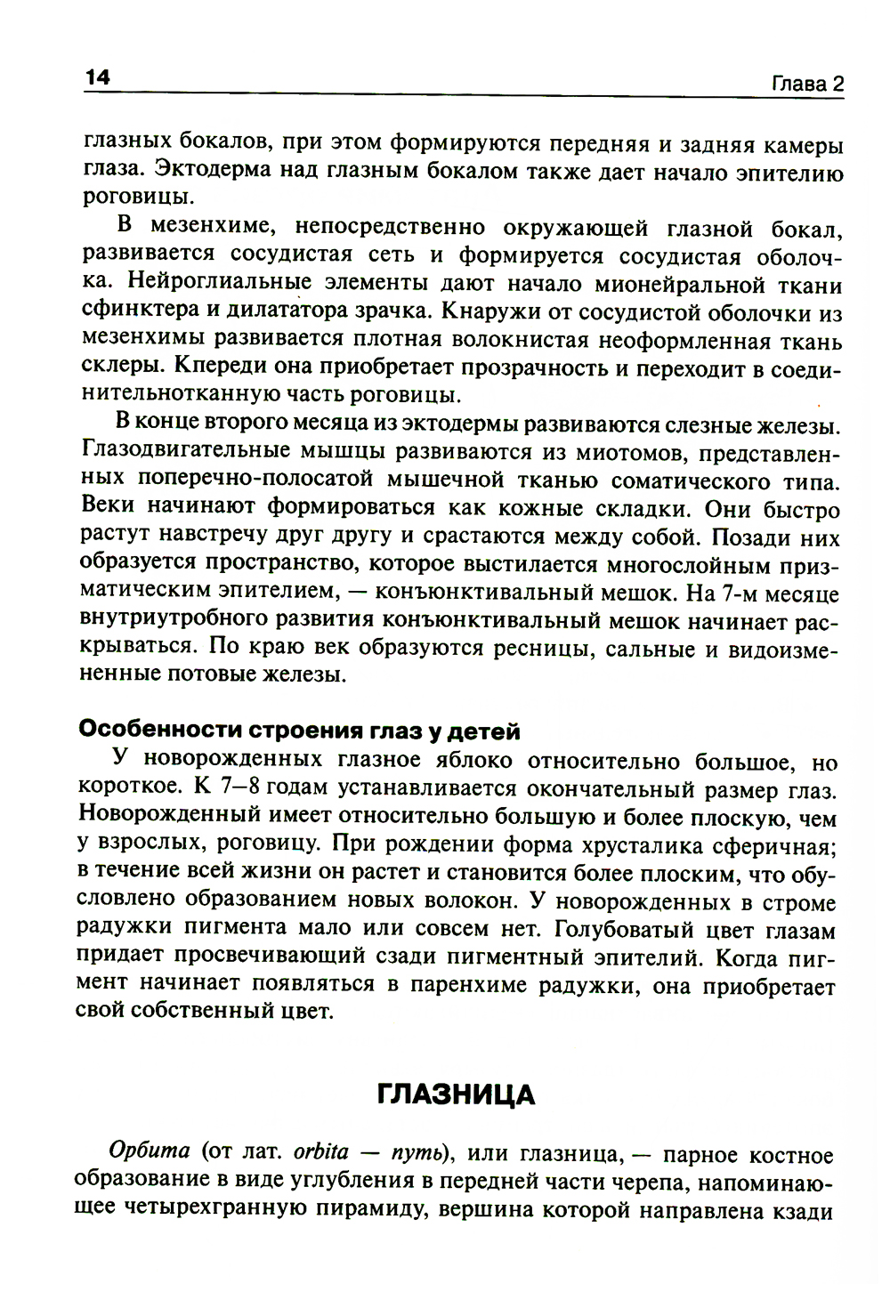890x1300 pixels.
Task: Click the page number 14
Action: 96,78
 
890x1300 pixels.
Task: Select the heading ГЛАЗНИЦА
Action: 456,1094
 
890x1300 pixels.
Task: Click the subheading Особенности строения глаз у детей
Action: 300,731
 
